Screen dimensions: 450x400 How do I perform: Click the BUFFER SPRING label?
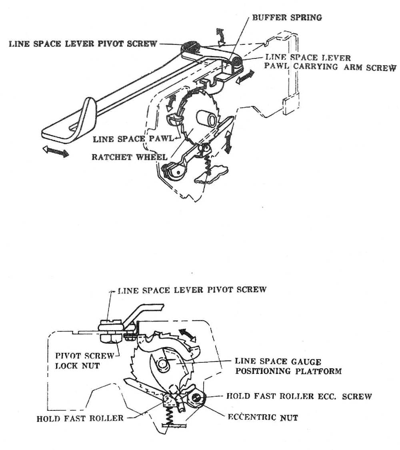(x=287, y=18)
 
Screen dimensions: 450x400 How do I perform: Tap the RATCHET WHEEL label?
(x=129, y=157)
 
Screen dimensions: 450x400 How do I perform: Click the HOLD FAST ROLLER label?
(x=80, y=418)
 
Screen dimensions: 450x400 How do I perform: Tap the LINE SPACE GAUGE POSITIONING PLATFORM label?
(x=288, y=366)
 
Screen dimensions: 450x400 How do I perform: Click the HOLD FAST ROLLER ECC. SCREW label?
(x=299, y=396)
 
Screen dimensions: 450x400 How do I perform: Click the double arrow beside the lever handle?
(x=56, y=151)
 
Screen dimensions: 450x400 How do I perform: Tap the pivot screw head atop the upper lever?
(x=191, y=48)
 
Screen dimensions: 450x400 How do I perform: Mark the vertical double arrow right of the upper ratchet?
(x=229, y=142)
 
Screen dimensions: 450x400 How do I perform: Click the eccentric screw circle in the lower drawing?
(x=197, y=398)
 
